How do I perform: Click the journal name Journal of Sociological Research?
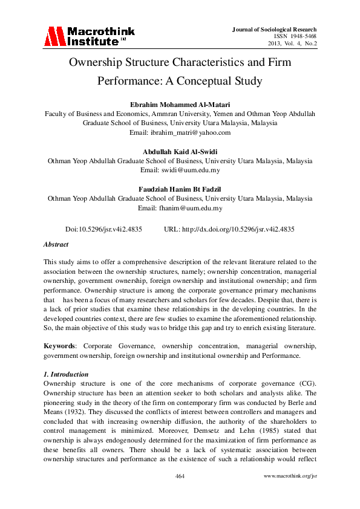275,30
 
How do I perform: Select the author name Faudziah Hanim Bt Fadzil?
180,189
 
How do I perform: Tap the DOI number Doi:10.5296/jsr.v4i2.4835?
103,230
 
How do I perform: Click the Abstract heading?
56,244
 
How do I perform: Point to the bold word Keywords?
59,345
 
